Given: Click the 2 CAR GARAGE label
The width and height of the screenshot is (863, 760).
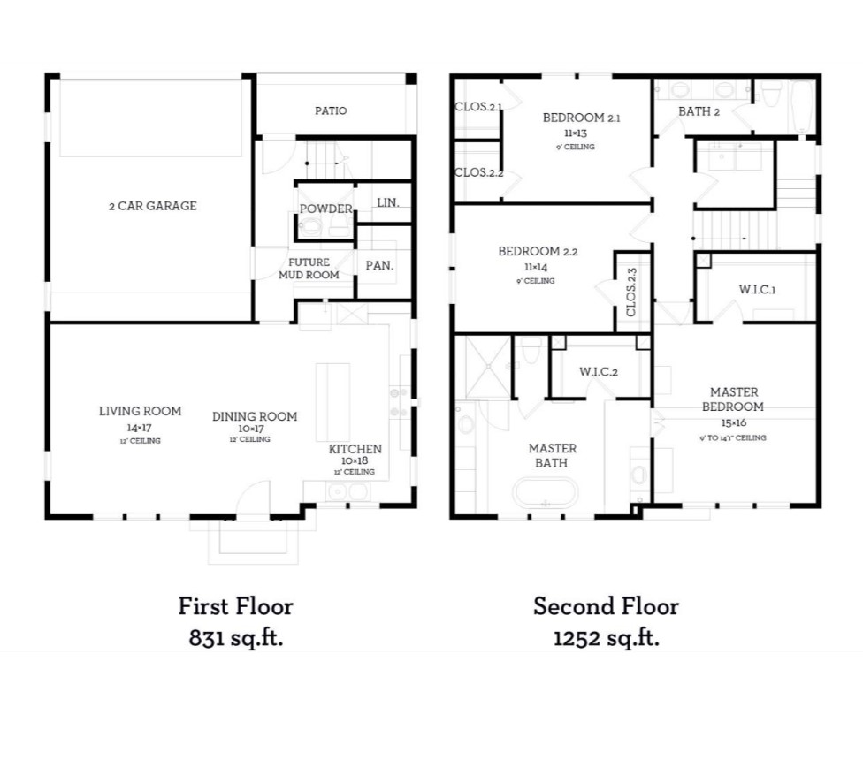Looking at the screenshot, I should point(158,206).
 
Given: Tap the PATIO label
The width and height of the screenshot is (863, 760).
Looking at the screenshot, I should point(331,110).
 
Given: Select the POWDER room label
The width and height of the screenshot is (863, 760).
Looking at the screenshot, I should point(325,209).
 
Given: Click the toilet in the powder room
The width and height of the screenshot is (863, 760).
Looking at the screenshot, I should point(308,228).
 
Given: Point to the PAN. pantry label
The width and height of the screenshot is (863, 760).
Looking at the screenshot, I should point(379,265).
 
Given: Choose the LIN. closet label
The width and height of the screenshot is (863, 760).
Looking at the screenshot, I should point(387,202).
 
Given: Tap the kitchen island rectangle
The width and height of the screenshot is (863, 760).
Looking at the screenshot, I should point(333,401).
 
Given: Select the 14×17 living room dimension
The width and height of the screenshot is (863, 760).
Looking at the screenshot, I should point(140,426).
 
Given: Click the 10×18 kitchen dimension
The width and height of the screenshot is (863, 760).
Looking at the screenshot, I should point(355,460).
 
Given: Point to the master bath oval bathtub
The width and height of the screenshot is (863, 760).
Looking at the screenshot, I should point(546,492).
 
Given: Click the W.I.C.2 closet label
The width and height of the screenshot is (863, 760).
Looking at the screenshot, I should point(598,371).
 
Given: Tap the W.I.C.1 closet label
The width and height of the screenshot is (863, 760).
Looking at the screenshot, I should point(757,290).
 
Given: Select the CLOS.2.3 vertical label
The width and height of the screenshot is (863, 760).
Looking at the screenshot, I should point(631,293).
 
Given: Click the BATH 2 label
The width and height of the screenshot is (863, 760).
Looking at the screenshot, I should point(699,111).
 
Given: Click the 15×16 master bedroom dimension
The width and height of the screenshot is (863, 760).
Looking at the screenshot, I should point(732,423).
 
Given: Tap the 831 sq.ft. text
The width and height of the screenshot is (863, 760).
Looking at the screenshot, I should point(235,639).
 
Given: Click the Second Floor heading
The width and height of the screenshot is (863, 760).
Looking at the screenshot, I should point(606,606).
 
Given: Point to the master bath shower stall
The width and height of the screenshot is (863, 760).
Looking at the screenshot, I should point(484,364).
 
